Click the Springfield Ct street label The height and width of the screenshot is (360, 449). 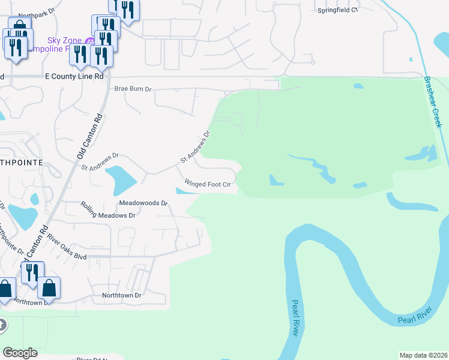pyautogui.click(x=337, y=10)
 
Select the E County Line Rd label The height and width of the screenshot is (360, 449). pyautogui.click(x=74, y=77)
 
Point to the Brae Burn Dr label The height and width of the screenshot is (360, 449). pyautogui.click(x=133, y=89)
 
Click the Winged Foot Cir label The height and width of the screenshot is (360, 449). pyautogui.click(x=207, y=184)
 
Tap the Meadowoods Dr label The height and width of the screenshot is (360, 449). pyautogui.click(x=143, y=203)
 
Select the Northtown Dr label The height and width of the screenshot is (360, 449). pyautogui.click(x=121, y=295)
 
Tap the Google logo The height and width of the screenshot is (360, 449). pyautogui.click(x=20, y=353)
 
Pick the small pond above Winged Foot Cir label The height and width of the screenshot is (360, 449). pyautogui.click(x=184, y=191)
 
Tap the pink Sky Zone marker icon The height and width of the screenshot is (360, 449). pyautogui.click(x=89, y=40)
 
